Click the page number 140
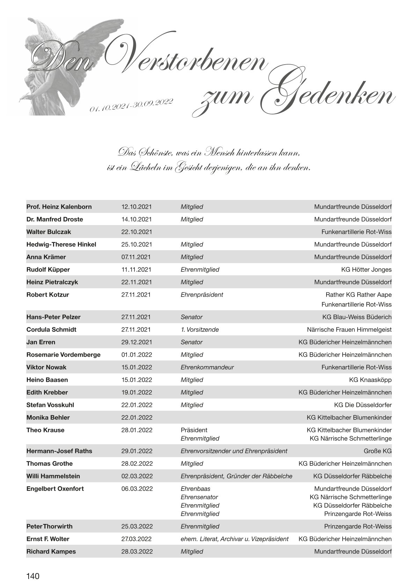tap(33, 576)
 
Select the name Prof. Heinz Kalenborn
tap(59, 207)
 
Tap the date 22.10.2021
tap(137, 232)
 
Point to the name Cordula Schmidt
tap(51, 329)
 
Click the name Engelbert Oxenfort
tap(55, 489)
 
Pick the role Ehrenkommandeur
tap(207, 367)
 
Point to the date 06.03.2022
tap(137, 489)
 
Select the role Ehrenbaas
tap(196, 489)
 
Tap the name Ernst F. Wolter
tap(48, 539)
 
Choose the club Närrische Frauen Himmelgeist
tap(349, 329)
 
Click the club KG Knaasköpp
tap(370, 380)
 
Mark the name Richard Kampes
tap(51, 551)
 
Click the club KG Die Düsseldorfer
tap(363, 405)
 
